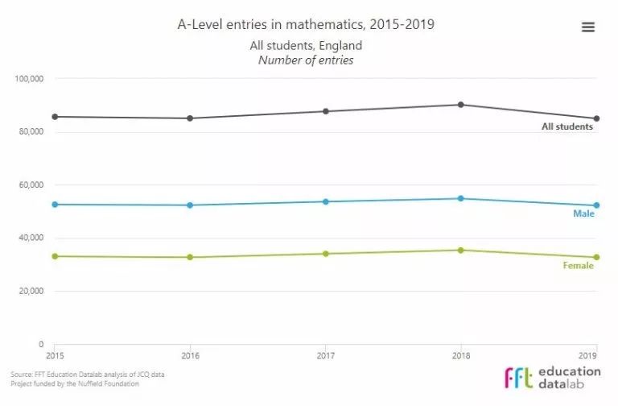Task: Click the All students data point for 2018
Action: tap(460, 105)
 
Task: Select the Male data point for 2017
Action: tap(326, 201)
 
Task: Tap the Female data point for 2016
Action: tap(190, 257)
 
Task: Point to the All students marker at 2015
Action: tap(55, 117)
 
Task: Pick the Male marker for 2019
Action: tap(595, 205)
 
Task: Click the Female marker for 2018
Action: tap(460, 250)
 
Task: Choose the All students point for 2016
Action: tap(190, 118)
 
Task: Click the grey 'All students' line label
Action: tap(567, 126)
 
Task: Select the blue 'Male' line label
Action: tap(583, 213)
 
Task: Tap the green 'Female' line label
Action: tap(579, 266)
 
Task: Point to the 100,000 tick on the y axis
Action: tap(30, 78)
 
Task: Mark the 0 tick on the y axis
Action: tap(41, 344)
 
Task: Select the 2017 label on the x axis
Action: tap(326, 354)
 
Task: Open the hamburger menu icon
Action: tap(588, 27)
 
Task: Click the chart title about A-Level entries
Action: tap(306, 24)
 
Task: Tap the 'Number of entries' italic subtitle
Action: tap(306, 60)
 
